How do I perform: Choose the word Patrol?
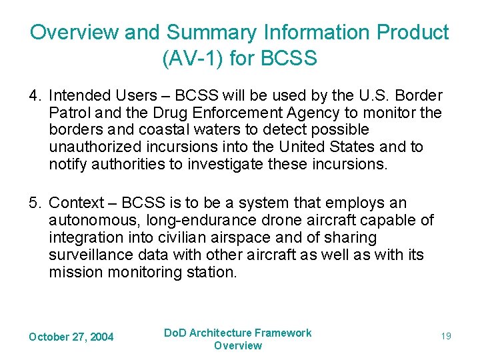pyautogui.click(x=67, y=113)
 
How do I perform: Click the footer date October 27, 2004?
pyautogui.click(x=71, y=337)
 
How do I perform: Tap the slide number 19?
pyautogui.click(x=445, y=336)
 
